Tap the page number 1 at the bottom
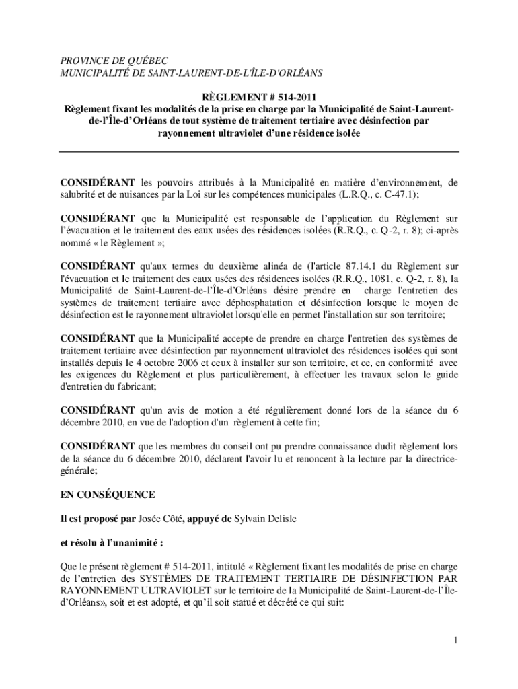(455, 640)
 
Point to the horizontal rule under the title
(259, 152)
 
